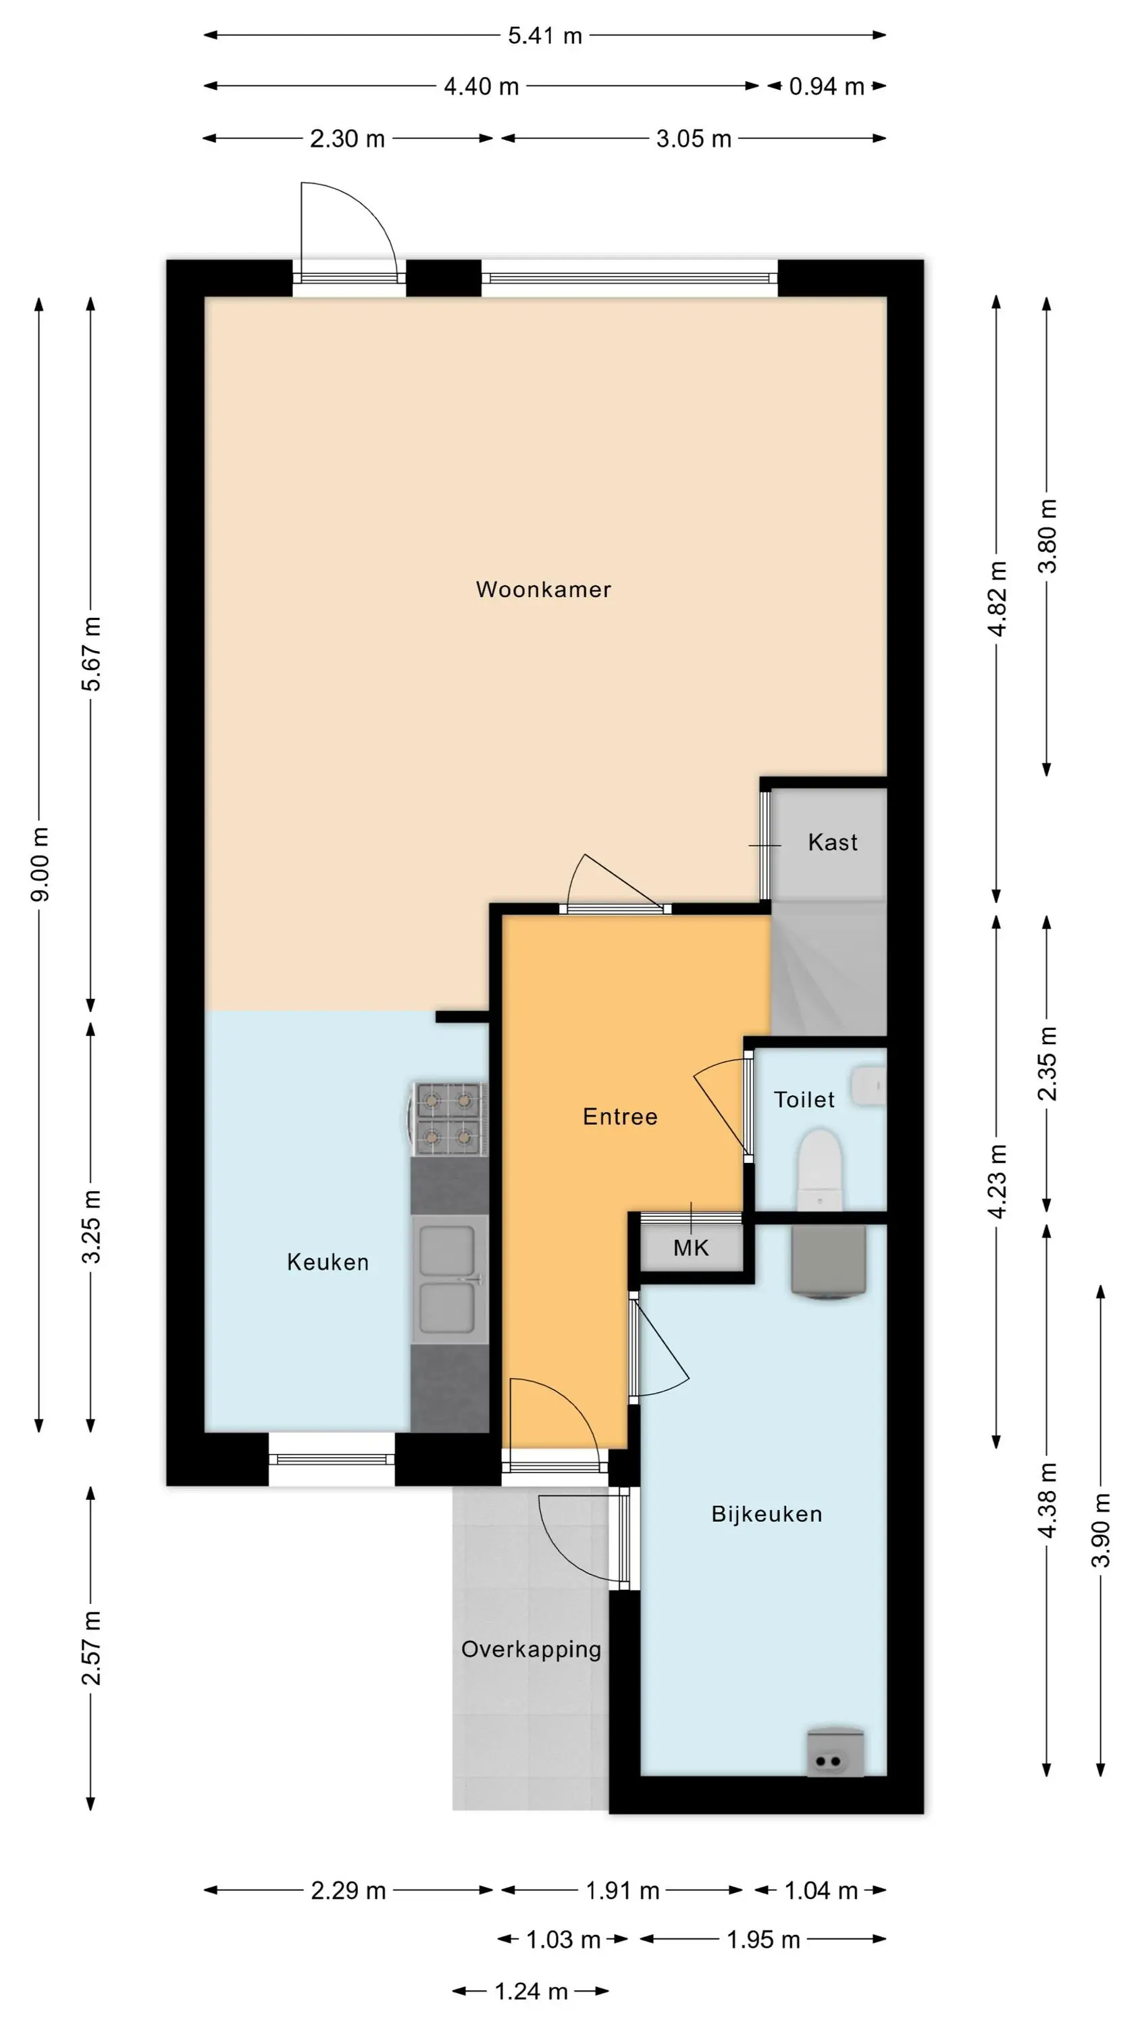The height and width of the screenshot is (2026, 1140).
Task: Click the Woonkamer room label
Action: tap(543, 589)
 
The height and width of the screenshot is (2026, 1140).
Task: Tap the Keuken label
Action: tap(328, 1262)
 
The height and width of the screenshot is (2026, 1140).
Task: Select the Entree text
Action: tap(620, 1117)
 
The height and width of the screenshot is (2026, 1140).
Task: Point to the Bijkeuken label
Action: tap(767, 1515)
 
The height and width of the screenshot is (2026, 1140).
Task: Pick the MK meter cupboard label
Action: tap(691, 1248)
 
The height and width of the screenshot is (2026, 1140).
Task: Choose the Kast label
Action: tap(833, 842)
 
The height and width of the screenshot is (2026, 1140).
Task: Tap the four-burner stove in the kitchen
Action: tap(448, 1118)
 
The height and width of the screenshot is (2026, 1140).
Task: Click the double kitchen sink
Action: tap(449, 1280)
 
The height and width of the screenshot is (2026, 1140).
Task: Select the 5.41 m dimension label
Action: tap(544, 35)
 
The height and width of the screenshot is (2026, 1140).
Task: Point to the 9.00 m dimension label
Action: tap(41, 864)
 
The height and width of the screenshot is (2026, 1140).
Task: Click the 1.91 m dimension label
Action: tap(622, 1891)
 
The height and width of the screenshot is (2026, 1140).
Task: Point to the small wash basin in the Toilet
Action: tap(869, 1086)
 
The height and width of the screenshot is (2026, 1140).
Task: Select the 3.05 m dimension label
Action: tap(694, 139)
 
